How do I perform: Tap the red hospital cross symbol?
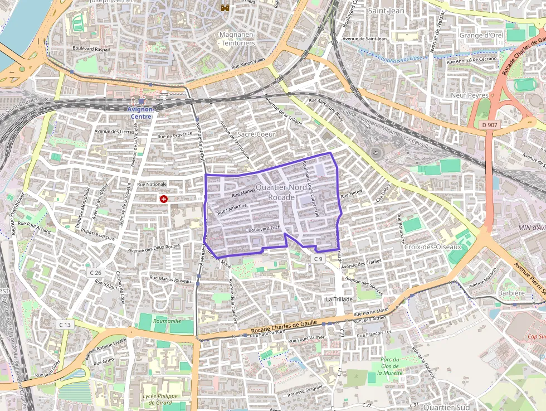point(164,199)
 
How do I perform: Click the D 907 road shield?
point(489,125)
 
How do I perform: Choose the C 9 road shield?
point(318,259)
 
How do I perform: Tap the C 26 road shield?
point(95,273)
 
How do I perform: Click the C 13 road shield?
point(65,325)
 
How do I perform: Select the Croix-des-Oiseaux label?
point(433,247)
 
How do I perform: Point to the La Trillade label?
point(339,299)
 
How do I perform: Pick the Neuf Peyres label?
point(469,95)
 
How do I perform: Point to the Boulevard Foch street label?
point(264,228)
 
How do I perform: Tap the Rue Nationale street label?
point(152,184)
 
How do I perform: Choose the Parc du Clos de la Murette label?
point(395,366)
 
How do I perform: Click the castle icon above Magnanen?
point(225,8)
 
